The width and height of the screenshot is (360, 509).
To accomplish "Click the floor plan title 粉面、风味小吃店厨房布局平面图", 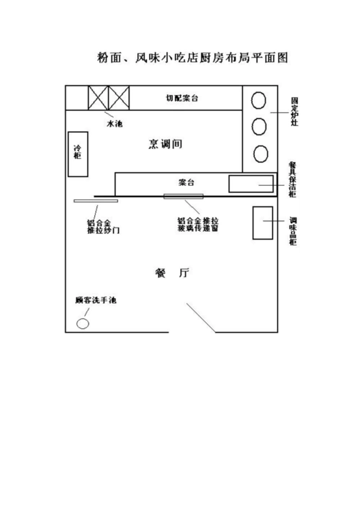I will tap(192, 58).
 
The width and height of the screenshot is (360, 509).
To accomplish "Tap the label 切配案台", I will tap(181, 97).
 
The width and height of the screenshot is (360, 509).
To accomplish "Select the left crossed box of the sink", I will tap(98, 98).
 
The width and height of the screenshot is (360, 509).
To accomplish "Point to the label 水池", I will tap(114, 124).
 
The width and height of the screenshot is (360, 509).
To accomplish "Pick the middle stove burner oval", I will tap(260, 127).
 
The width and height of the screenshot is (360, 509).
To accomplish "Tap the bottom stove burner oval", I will tap(260, 153).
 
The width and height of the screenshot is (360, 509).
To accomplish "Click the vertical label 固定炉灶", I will tap(294, 111).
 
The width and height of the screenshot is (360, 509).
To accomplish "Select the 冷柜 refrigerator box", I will tap(78, 153).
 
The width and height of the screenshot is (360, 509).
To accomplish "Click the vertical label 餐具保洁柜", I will tap(292, 181).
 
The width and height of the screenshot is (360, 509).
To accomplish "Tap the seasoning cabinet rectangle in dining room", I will tap(263, 223).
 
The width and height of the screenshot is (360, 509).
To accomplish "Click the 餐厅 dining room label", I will tap(172, 273).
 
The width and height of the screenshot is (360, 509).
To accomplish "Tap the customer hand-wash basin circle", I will tap(83, 323).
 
